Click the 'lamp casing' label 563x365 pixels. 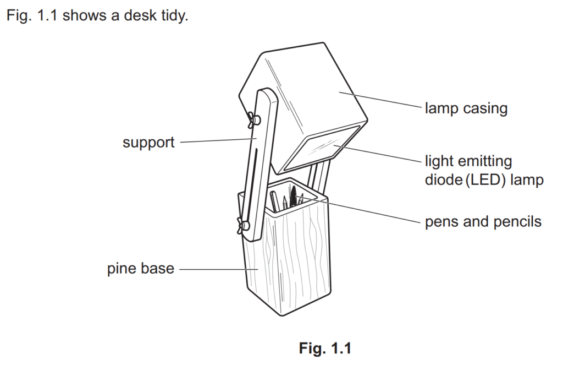(466, 108)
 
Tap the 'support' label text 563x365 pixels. (148, 143)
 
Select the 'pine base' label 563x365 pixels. (140, 269)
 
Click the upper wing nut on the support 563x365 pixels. (255, 118)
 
